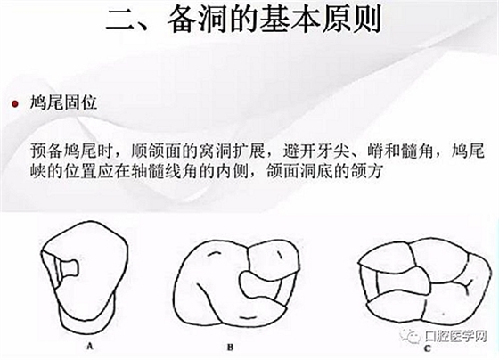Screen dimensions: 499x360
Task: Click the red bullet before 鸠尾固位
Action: [x=14, y=103]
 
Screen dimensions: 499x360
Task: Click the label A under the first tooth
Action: [x=90, y=346]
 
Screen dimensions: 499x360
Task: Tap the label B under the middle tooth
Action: [x=230, y=347]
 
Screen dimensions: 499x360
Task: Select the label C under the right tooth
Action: [x=428, y=348]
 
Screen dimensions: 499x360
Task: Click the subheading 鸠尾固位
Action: [x=63, y=103]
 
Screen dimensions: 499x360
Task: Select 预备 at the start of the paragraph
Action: [x=47, y=151]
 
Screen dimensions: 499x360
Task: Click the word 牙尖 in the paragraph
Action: [x=331, y=151]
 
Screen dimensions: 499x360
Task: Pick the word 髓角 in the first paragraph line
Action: [x=417, y=151]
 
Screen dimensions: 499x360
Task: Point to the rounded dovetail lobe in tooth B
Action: [x=252, y=283]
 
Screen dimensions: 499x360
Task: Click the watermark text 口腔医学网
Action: [x=455, y=336]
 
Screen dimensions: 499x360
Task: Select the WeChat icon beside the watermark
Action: [x=411, y=336]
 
